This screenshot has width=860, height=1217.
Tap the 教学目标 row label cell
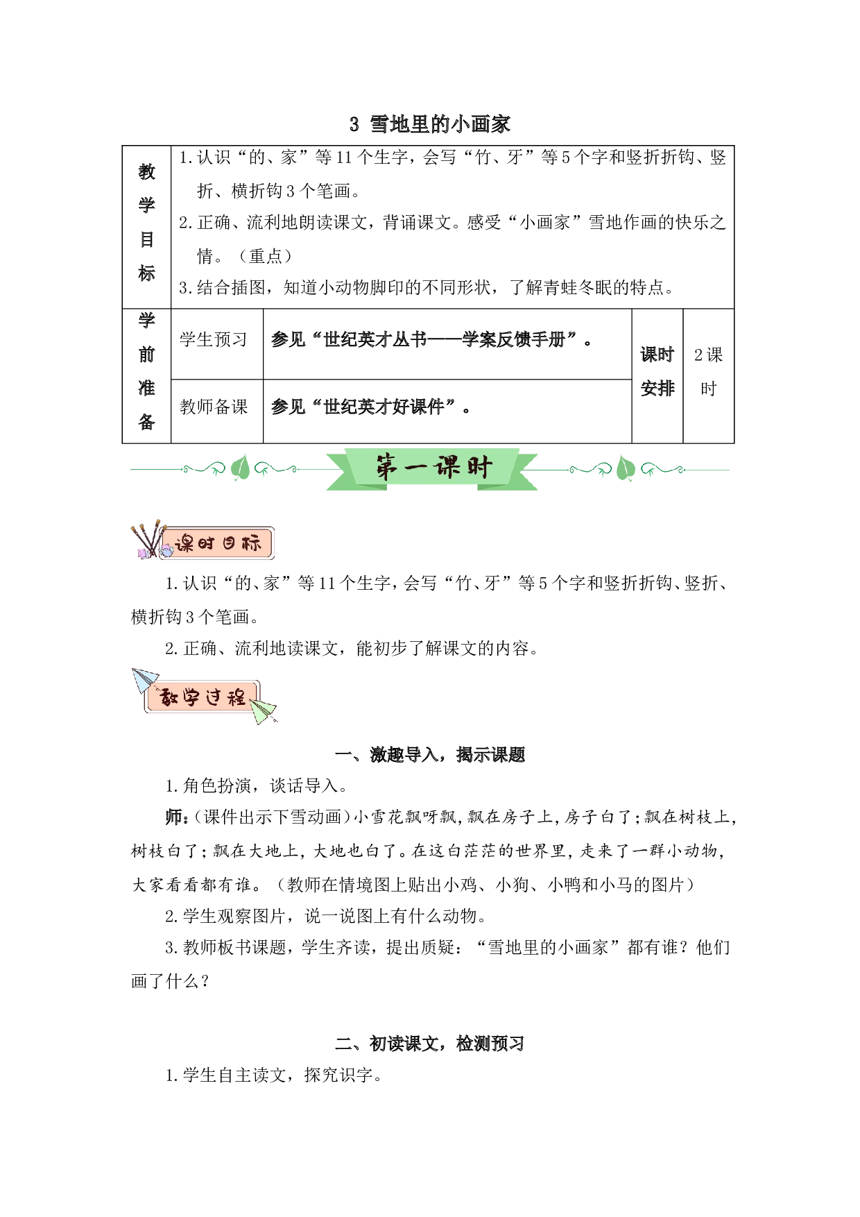click(146, 227)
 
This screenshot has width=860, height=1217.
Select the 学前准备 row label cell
click(146, 375)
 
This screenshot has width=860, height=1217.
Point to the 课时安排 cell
click(657, 375)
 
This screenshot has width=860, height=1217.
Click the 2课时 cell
click(708, 375)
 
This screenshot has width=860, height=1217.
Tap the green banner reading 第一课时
click(433, 468)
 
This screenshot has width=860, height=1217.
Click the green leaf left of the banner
click(240, 468)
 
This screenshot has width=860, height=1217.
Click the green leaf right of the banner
click(626, 468)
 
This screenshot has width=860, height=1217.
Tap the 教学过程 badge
click(203, 697)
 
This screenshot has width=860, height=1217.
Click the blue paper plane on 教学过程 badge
click(145, 679)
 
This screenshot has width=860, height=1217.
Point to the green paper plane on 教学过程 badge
click(264, 710)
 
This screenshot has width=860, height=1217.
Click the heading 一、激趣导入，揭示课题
click(430, 755)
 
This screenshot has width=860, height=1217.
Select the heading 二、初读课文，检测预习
click(430, 1044)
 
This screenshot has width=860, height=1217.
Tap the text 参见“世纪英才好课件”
click(365, 407)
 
